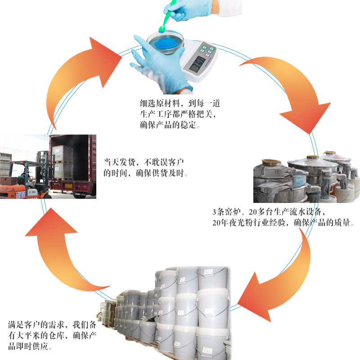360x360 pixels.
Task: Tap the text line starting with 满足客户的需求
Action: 52,324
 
